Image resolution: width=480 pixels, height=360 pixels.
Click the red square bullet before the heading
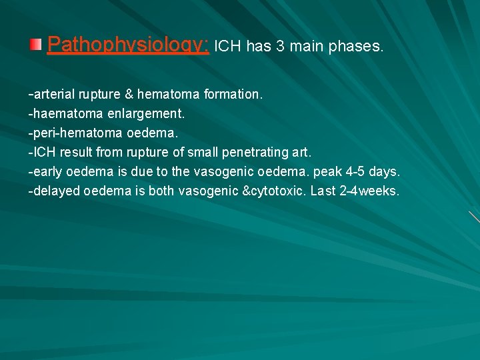click(35, 45)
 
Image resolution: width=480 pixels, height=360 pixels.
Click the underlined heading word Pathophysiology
click(129, 45)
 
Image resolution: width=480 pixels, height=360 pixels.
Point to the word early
click(47, 172)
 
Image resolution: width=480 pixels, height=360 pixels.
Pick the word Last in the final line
click(323, 191)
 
